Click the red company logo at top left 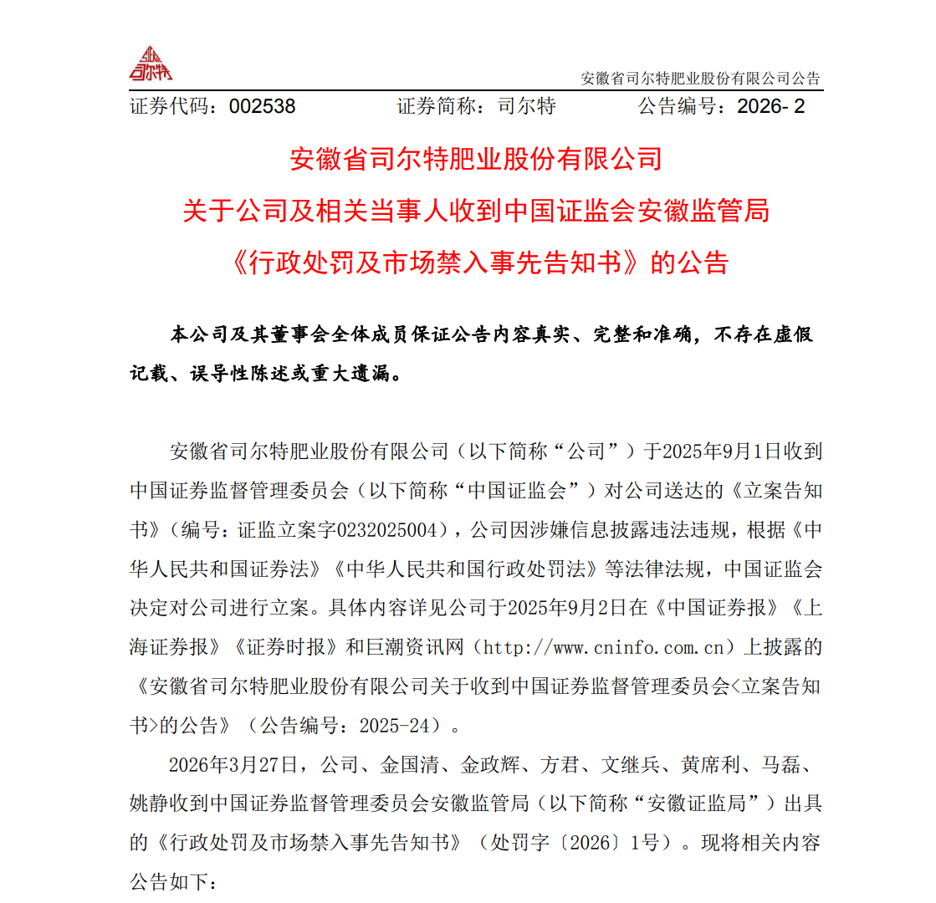[x=151, y=64]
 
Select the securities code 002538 [x=262, y=106]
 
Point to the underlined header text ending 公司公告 [x=701, y=79]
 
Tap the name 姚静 [x=149, y=804]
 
